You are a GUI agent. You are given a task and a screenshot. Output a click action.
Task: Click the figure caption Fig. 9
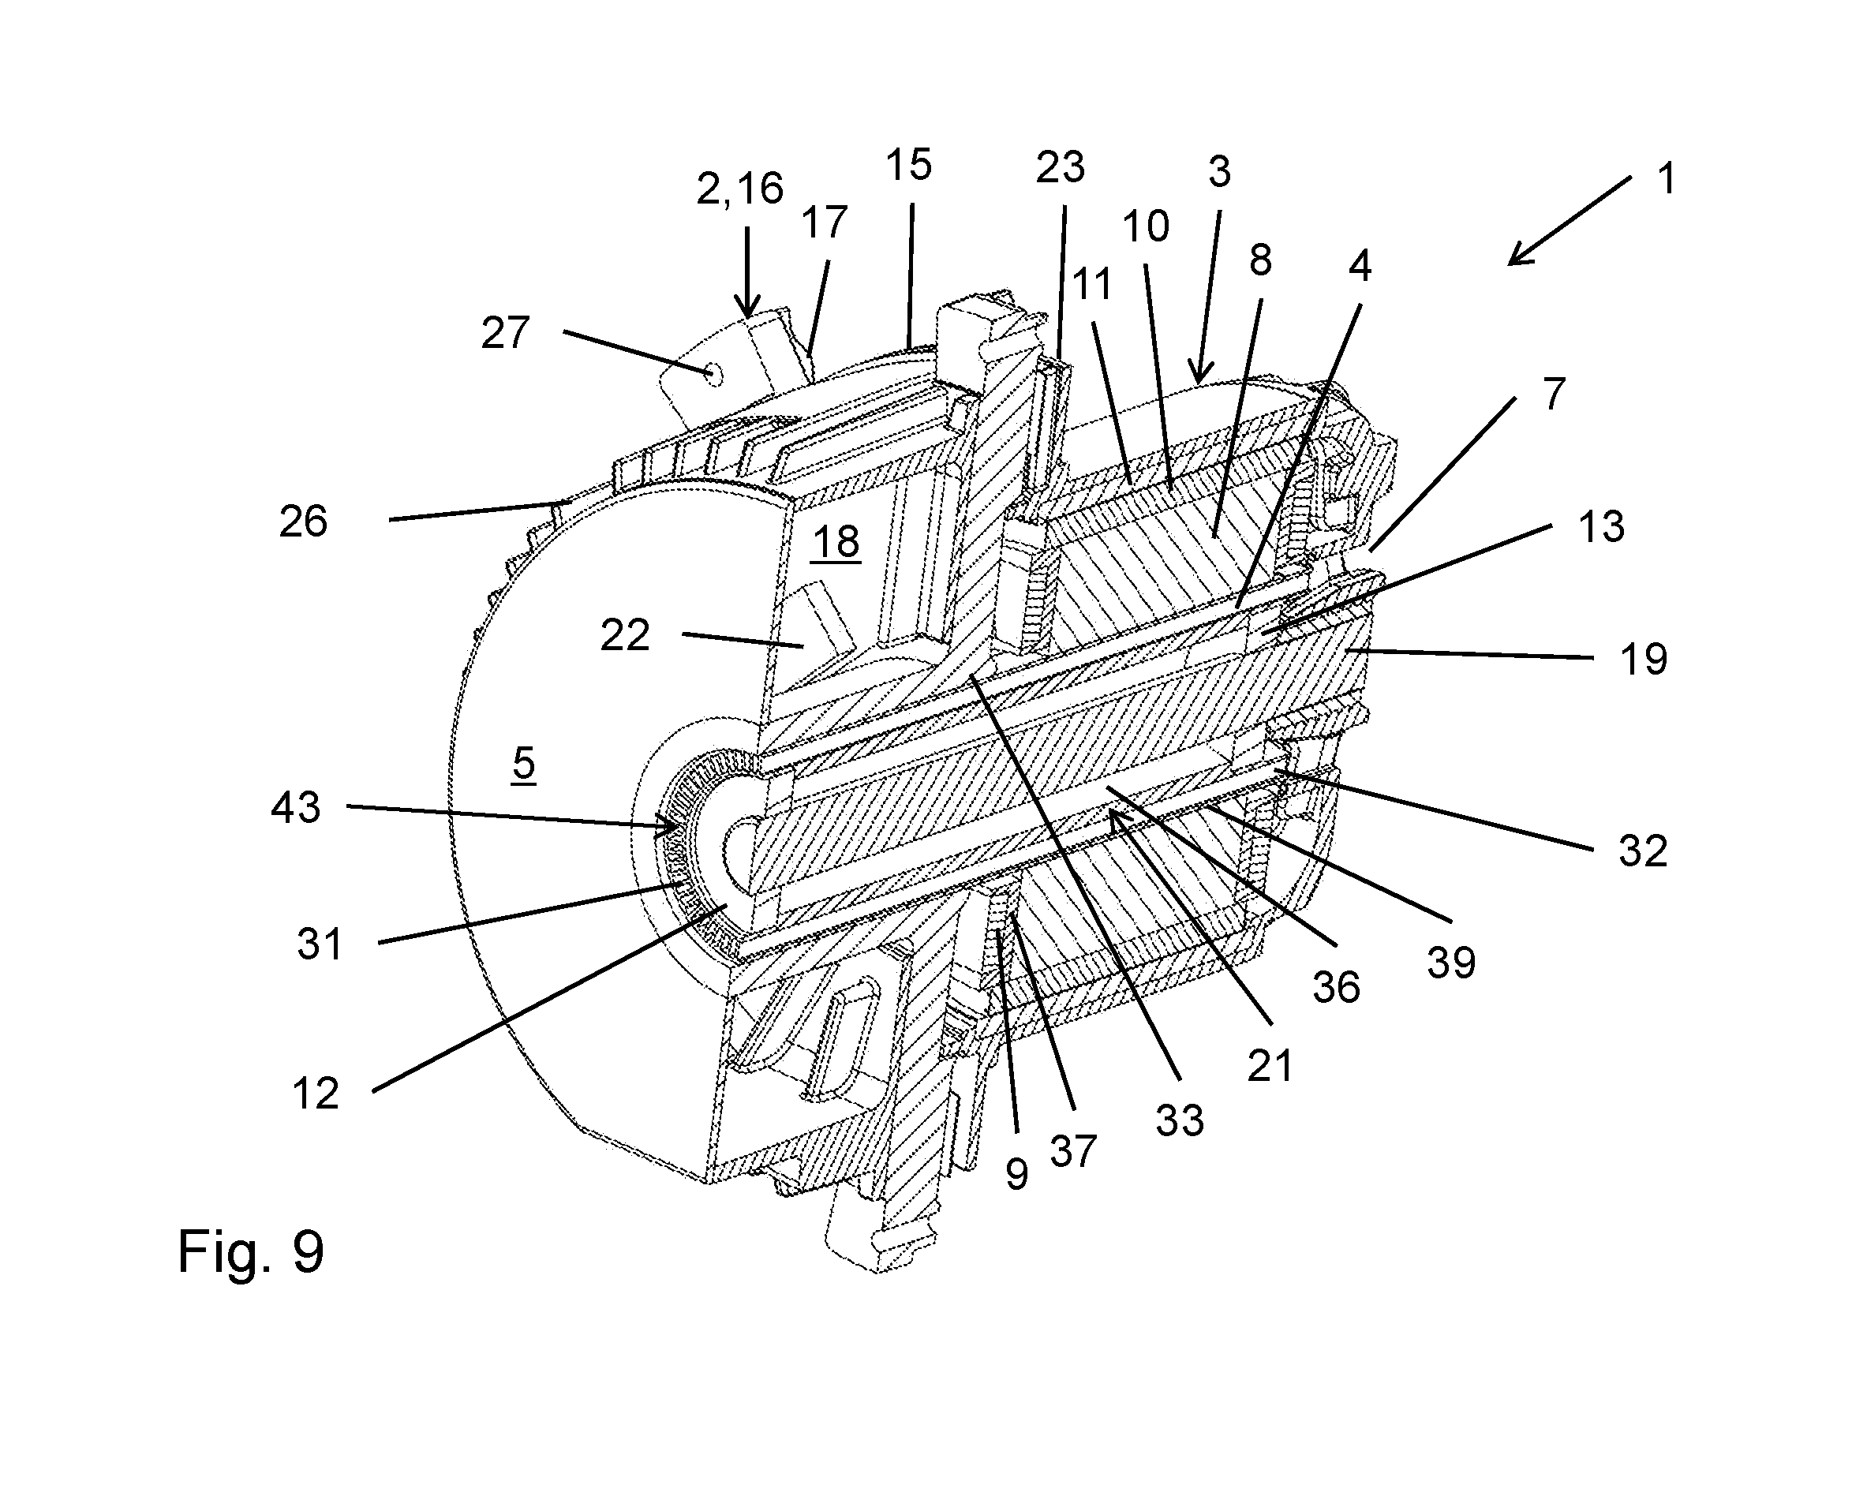point(250,1252)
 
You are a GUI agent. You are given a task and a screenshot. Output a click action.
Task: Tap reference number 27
point(506,334)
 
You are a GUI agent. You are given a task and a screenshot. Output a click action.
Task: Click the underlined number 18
point(836,543)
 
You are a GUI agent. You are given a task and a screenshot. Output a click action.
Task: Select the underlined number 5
point(524,764)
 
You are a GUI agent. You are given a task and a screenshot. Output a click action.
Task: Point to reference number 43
point(296,808)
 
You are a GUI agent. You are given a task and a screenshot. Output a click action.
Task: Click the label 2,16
point(739,189)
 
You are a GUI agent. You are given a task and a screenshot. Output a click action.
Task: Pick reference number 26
point(303,522)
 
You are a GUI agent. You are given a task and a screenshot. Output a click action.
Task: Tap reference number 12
point(315,1094)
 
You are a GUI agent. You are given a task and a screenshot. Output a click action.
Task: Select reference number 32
point(1643,851)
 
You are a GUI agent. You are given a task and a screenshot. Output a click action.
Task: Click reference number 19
point(1643,660)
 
